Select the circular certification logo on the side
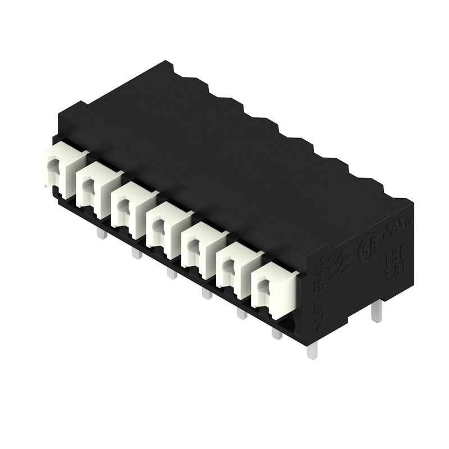coord(366,253)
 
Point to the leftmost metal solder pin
coord(102,233)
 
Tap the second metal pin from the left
coord(136,254)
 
